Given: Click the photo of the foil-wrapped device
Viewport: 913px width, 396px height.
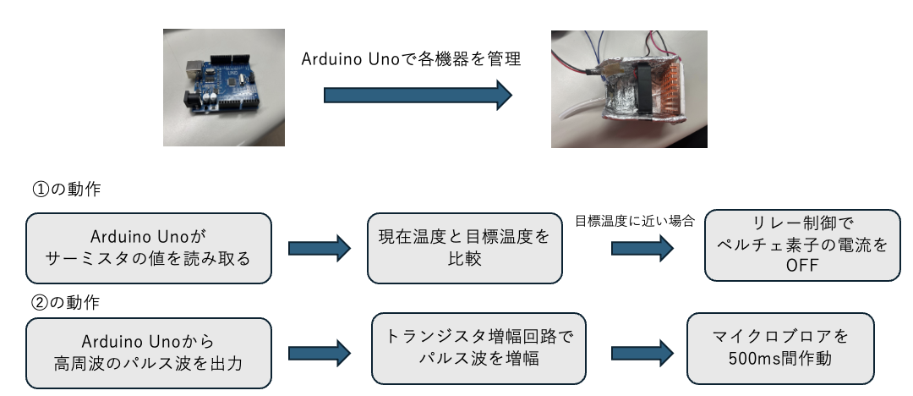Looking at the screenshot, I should point(628,89).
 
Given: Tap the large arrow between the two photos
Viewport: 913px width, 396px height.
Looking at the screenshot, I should point(418,94).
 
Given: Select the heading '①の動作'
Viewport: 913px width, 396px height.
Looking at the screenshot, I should point(65,190).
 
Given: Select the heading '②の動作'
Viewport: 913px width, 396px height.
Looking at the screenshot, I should point(65,301).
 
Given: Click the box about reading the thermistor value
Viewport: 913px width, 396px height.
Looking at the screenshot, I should point(149,247).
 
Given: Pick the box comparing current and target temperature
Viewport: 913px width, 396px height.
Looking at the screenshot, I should point(464,247).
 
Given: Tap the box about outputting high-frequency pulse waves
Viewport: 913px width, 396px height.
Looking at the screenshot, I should point(149,352).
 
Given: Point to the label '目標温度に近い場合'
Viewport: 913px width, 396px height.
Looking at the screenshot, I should point(634,222).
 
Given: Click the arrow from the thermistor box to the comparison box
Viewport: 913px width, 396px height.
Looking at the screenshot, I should point(319,248).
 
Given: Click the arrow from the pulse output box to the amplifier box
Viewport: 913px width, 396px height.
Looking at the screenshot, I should point(319,354).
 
